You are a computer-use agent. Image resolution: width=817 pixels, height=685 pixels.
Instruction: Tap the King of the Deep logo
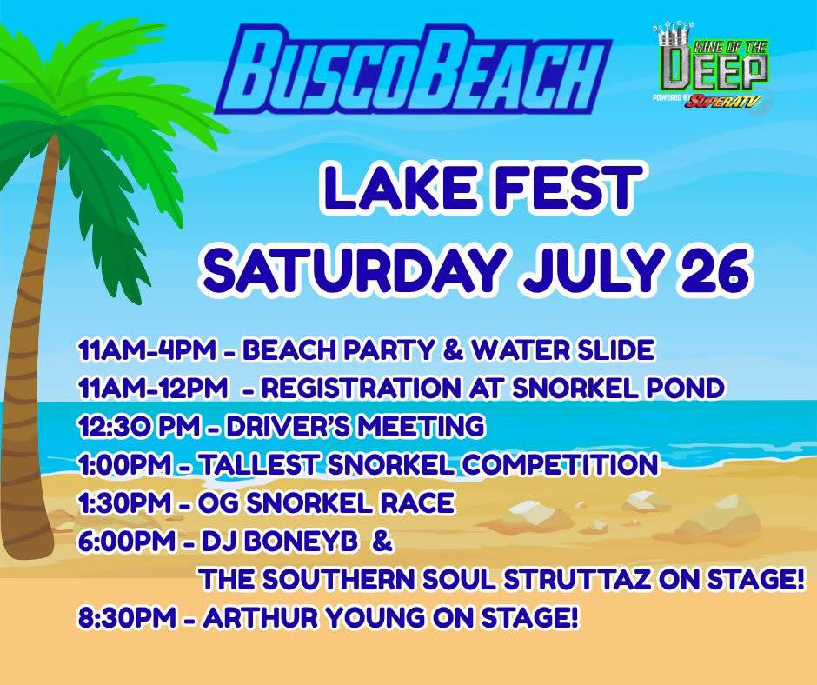[x=710, y=67]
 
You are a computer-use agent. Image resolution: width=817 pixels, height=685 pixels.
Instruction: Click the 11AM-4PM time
[x=146, y=349]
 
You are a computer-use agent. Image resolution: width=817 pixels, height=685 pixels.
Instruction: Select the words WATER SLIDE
[x=561, y=349]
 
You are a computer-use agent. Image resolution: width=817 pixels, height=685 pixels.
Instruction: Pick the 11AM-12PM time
[x=152, y=389]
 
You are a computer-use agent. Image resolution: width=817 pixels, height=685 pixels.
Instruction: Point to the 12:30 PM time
[x=138, y=427]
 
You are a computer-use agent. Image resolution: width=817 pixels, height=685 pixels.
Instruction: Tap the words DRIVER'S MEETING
[x=355, y=427]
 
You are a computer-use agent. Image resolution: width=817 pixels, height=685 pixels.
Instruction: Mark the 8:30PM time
[x=127, y=619]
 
